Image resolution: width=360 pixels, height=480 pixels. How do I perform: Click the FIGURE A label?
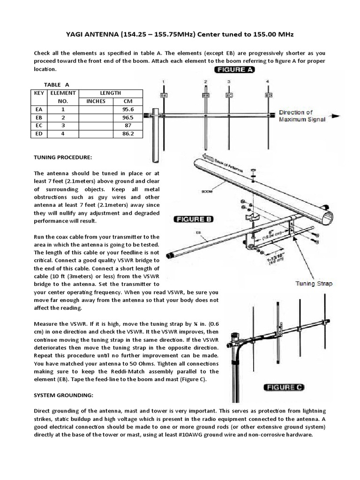click(234, 70)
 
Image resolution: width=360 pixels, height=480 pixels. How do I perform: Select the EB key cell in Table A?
click(39, 118)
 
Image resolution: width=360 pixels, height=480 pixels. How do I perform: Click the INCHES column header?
click(96, 101)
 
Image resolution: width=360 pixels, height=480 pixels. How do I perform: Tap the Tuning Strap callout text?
click(314, 284)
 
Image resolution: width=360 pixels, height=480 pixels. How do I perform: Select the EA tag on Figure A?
click(164, 96)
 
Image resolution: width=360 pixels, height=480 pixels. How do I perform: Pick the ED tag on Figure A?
click(268, 95)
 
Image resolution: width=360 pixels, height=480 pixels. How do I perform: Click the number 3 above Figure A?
click(229, 82)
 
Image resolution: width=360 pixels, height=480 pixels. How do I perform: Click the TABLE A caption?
click(56, 84)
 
